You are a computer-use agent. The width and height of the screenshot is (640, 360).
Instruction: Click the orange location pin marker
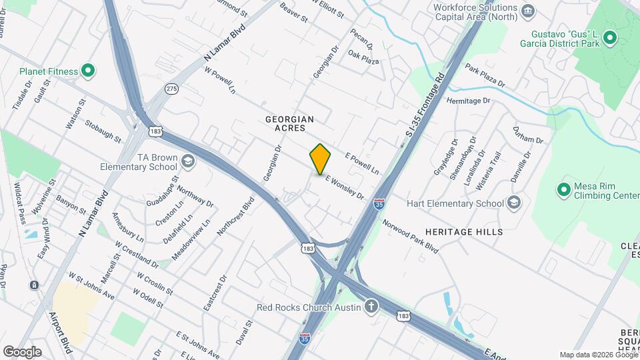320,159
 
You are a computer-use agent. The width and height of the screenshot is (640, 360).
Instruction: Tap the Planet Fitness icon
87,71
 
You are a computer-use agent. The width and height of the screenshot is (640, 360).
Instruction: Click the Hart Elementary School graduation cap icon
513,203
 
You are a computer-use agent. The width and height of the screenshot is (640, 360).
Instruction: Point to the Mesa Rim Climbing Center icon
564,190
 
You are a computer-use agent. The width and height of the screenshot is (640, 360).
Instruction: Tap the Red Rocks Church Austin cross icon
371,307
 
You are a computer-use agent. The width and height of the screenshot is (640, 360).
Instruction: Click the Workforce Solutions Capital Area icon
529,11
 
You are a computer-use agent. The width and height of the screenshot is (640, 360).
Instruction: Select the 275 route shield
172,89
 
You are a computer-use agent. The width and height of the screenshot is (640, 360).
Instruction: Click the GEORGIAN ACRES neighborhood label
289,123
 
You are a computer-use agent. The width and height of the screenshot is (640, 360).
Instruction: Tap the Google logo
22,351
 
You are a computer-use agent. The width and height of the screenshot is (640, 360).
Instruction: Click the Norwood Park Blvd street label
410,236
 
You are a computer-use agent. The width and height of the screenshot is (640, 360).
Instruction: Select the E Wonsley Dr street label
345,187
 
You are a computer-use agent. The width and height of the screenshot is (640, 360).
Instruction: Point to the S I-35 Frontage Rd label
425,107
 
